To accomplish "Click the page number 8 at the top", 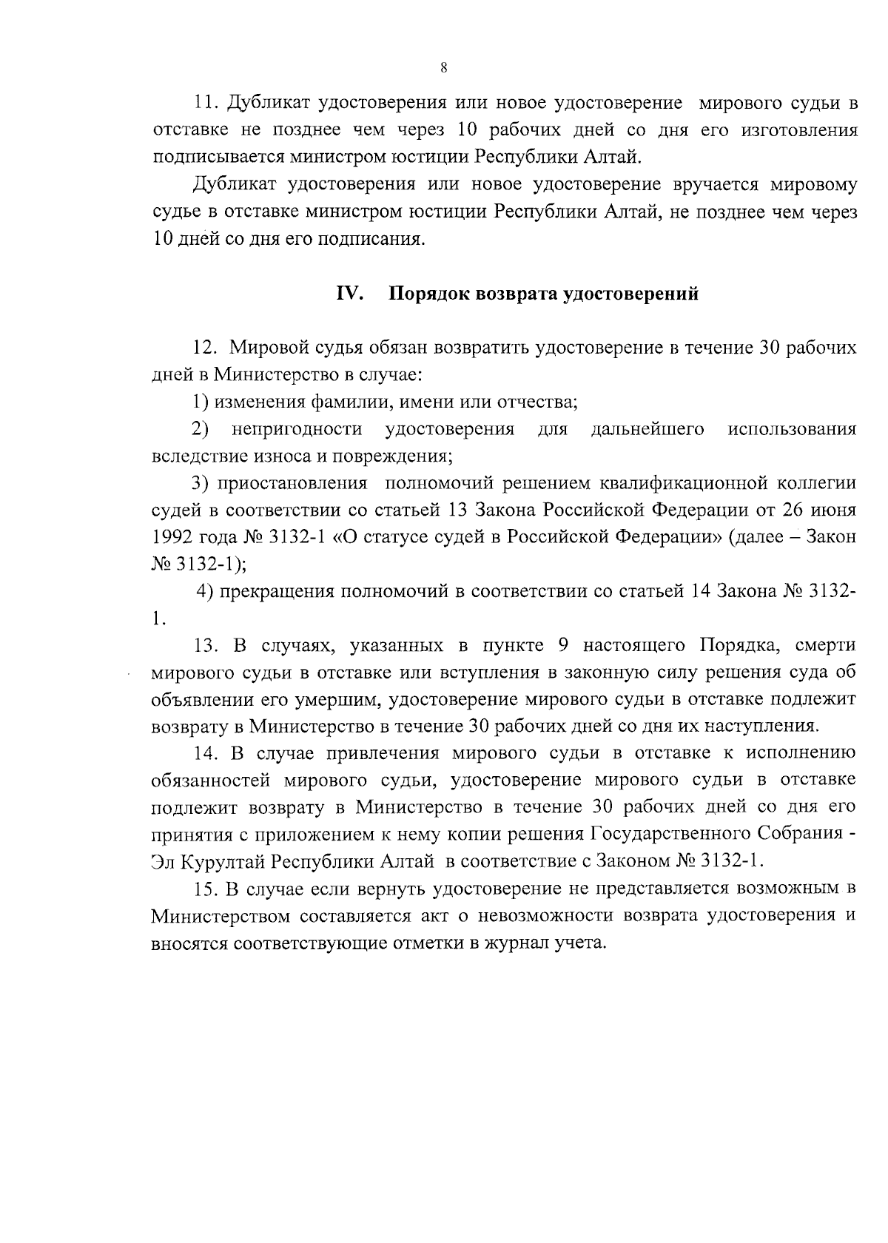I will click(x=443, y=68).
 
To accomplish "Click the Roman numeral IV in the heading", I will click(x=349, y=294).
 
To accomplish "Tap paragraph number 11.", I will click(x=203, y=103).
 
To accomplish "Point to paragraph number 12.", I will click(x=203, y=348).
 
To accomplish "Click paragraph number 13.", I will click(x=205, y=645).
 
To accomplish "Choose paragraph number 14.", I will click(x=205, y=753).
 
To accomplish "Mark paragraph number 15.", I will click(x=205, y=889).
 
